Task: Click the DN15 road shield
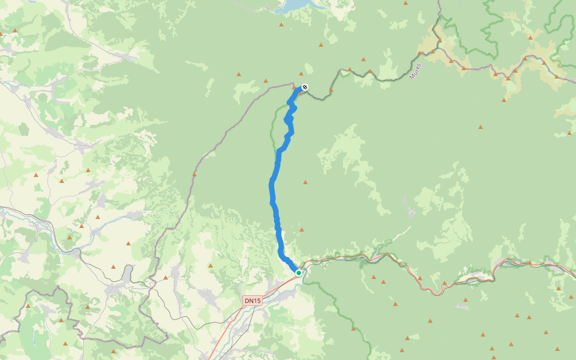(x=253, y=300)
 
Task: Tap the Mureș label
(x=415, y=71)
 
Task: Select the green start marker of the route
(x=298, y=273)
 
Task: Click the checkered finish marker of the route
(x=305, y=88)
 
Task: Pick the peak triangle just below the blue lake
(x=281, y=25)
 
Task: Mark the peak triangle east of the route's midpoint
(x=305, y=182)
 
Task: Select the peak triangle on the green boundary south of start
(x=353, y=328)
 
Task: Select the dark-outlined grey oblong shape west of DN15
(x=127, y=274)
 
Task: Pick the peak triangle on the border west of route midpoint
(x=194, y=175)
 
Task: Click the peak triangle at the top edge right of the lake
(x=406, y=3)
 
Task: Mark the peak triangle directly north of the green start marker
(x=301, y=229)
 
